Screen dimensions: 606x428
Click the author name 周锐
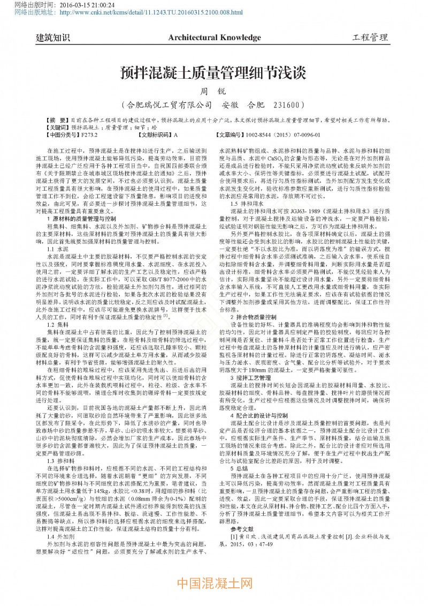[x=213, y=91]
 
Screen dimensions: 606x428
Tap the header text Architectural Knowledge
[x=214, y=38]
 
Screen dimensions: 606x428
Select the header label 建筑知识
[x=53, y=38]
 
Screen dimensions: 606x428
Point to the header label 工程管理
[x=370, y=38]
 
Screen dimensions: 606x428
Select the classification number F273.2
[x=91, y=135]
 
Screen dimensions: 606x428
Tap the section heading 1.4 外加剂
[x=60, y=536]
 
